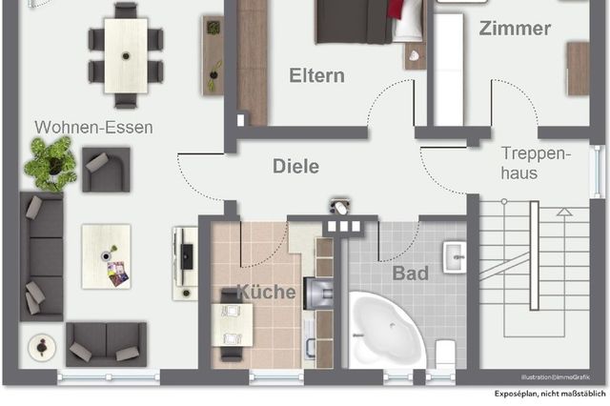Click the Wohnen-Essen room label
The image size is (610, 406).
[x=93, y=127]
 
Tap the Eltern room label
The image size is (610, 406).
[x=317, y=76]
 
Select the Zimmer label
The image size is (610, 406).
[x=515, y=29]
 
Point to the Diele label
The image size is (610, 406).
[x=295, y=166]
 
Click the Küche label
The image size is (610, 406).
[x=266, y=292]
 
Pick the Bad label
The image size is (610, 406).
[x=411, y=274]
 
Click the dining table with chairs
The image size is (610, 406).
[x=125, y=53]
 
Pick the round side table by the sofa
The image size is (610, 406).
[x=40, y=348]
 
